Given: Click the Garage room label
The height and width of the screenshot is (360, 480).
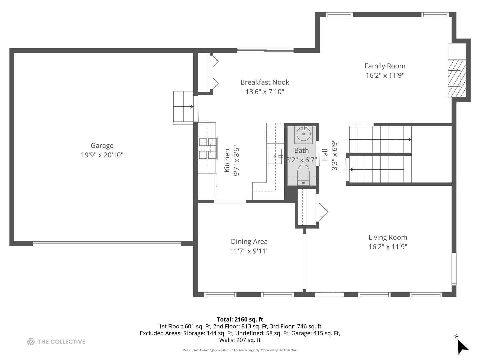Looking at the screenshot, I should pyautogui.click(x=102, y=146).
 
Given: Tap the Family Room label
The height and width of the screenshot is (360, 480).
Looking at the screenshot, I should pyautogui.click(x=385, y=66).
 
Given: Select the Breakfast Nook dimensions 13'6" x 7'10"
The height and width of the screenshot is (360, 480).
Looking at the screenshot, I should pyautogui.click(x=265, y=92).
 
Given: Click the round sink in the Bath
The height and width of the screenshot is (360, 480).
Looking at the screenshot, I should pyautogui.click(x=303, y=134).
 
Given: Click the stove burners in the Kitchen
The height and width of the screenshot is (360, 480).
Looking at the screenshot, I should pyautogui.click(x=208, y=148).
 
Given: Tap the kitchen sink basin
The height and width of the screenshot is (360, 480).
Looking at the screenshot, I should pyautogui.click(x=275, y=156).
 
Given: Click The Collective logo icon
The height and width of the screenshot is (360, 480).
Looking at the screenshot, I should pyautogui.click(x=31, y=341).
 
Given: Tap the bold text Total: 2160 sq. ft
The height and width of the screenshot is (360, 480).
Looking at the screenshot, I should pyautogui.click(x=240, y=319).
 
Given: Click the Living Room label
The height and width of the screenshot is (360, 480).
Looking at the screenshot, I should pyautogui.click(x=388, y=237).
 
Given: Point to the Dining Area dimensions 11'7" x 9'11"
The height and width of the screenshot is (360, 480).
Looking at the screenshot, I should pyautogui.click(x=249, y=251).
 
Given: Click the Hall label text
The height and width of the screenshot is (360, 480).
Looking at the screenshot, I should pyautogui.click(x=325, y=155).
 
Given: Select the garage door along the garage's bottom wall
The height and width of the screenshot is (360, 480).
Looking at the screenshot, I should pyautogui.click(x=107, y=244).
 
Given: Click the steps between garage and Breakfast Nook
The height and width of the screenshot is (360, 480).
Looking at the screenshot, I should pyautogui.click(x=183, y=107).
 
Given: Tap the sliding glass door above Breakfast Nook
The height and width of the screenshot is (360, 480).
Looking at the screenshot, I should pyautogui.click(x=265, y=51).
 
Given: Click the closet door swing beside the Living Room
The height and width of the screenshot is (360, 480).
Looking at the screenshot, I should pyautogui.click(x=322, y=212).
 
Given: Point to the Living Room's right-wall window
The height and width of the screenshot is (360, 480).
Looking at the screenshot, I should pyautogui.click(x=454, y=269).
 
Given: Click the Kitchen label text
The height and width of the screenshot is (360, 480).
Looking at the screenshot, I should pyautogui.click(x=227, y=160).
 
